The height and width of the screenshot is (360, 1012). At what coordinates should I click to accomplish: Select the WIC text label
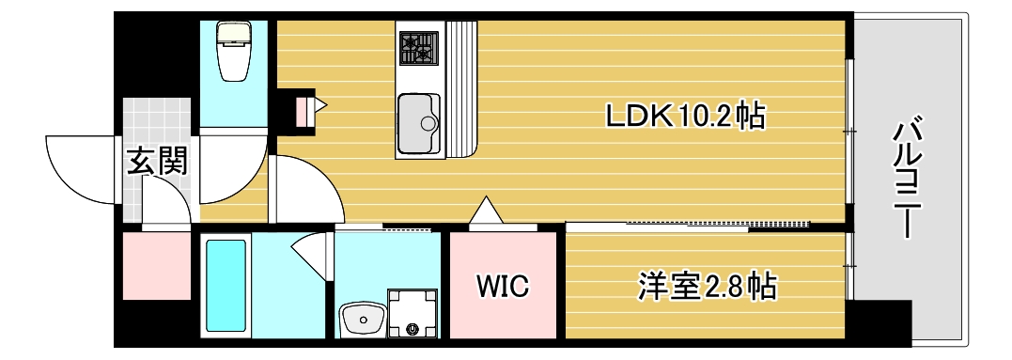coord(504,285)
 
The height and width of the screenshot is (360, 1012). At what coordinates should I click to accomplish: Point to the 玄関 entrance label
coord(157,161)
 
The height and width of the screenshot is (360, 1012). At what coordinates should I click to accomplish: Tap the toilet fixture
coord(233,52)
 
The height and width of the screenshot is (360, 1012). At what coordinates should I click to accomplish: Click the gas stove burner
coord(418,47)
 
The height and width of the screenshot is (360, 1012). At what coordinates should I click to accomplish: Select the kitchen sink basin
coord(417,122)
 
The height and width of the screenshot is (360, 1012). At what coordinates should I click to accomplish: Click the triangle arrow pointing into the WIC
coord(488,211)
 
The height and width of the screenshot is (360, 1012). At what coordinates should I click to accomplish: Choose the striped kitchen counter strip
coord(462,89)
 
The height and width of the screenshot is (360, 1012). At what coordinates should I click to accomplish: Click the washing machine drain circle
coord(413,329)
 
